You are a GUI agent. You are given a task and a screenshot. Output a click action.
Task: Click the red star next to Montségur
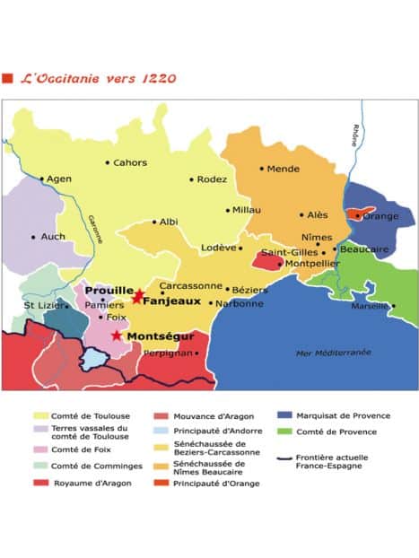[x=117, y=336]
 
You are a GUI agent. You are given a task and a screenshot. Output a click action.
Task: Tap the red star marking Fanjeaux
[x=136, y=297]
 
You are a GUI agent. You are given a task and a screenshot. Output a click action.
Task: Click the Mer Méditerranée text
[x=333, y=353]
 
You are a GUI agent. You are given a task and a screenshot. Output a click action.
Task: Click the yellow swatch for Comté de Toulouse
[x=41, y=416]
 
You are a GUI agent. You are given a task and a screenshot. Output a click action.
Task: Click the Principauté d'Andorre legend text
[x=204, y=432]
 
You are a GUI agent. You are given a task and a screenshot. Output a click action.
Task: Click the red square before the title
[x=8, y=79]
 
